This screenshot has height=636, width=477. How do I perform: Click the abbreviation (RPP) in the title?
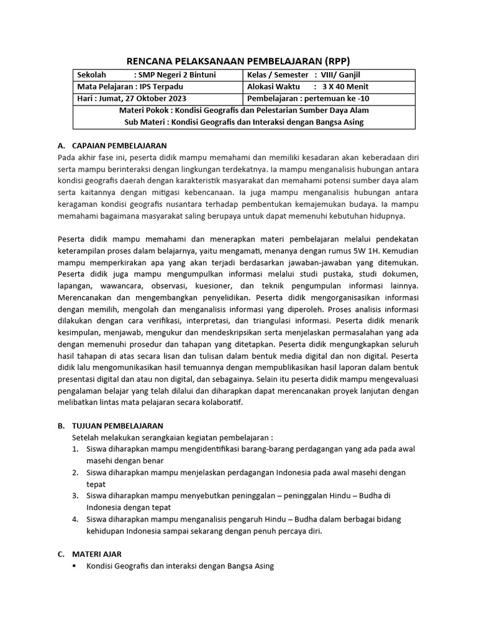[337, 60]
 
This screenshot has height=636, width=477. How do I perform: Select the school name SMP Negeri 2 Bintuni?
[180, 75]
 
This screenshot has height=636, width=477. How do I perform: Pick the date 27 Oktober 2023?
[152, 99]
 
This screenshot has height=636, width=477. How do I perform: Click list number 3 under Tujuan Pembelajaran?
[75, 495]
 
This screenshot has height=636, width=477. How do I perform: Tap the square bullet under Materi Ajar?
[75, 566]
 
